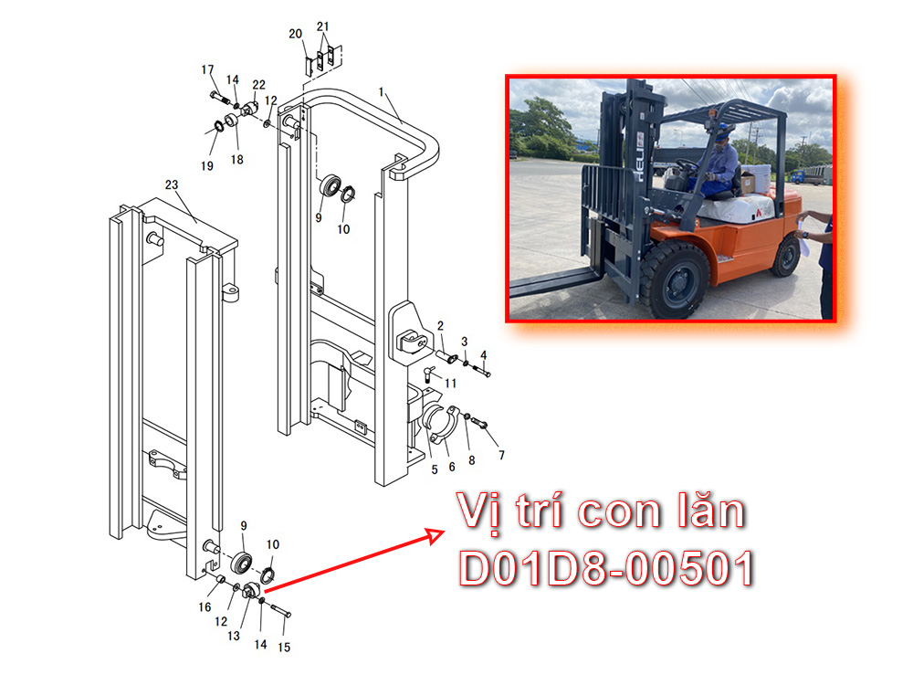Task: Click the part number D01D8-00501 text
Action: (x=606, y=568)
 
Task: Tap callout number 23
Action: (x=172, y=184)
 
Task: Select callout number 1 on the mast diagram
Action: (x=382, y=92)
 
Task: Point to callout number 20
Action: (x=295, y=34)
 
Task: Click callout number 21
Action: (x=322, y=26)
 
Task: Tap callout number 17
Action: (x=207, y=69)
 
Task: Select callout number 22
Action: (x=258, y=85)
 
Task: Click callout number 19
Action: (x=207, y=166)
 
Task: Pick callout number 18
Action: (x=236, y=159)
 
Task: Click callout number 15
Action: (x=284, y=648)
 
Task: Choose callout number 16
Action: (x=205, y=607)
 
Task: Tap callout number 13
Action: (x=234, y=636)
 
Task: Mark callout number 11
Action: (x=450, y=384)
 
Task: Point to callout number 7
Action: (x=501, y=455)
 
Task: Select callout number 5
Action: (x=435, y=469)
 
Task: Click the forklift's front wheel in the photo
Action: (x=676, y=280)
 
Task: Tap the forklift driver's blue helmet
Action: (x=724, y=130)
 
